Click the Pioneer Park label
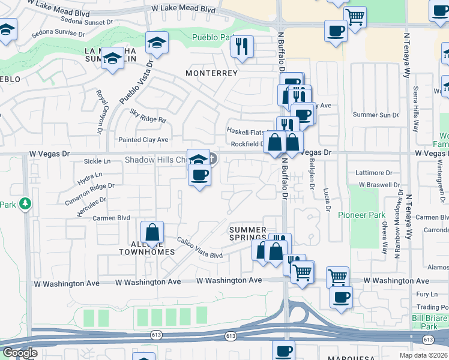(x=361, y=215)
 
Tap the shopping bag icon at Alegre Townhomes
(x=152, y=233)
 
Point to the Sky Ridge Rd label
(x=148, y=116)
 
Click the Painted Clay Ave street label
(x=143, y=140)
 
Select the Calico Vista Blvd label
(x=200, y=248)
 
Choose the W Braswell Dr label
(x=376, y=185)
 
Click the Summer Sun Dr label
(x=375, y=115)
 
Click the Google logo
(x=20, y=353)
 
